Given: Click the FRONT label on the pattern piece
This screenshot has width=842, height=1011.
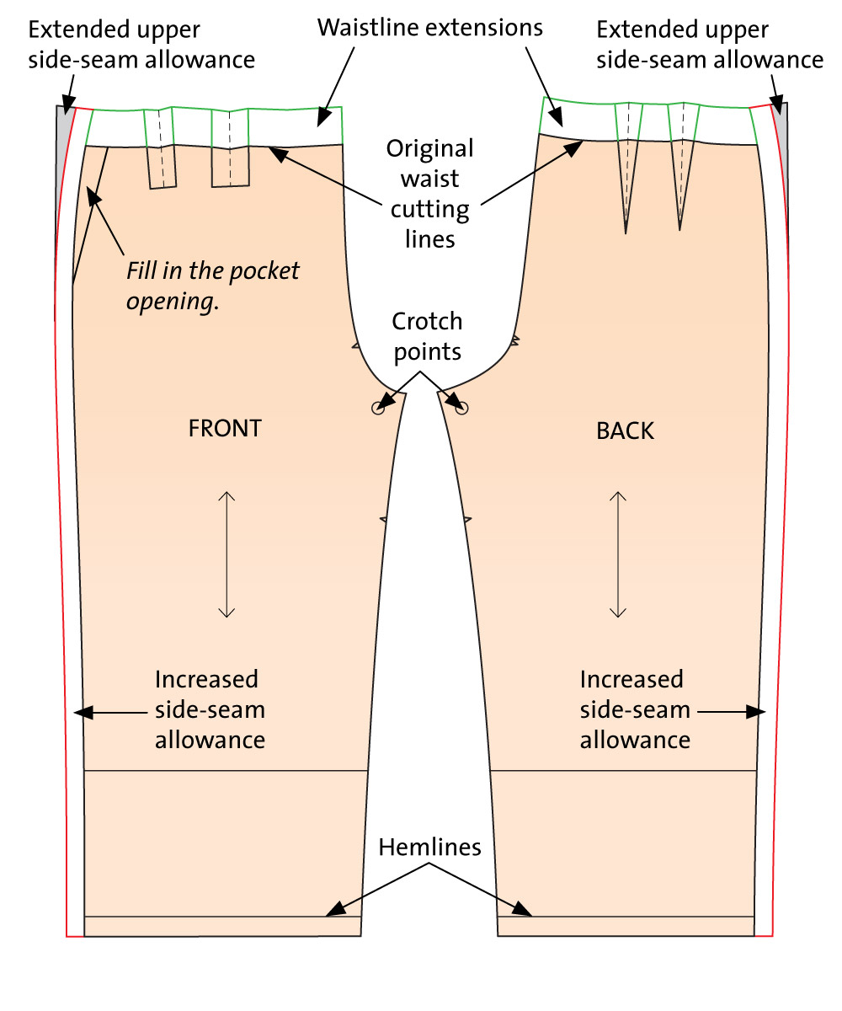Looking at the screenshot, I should coord(225,428).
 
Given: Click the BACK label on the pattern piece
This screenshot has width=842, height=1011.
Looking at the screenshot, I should coord(625,431).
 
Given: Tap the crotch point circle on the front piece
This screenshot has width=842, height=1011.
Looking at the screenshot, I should coord(377,408).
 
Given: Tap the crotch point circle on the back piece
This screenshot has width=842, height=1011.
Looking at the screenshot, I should coord(461,408).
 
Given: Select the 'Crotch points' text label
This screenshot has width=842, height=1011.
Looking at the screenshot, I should coord(427,335).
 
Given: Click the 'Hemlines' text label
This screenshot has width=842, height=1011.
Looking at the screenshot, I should coord(429,847).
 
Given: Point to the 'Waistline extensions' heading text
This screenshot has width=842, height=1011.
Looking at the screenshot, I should coord(429,27).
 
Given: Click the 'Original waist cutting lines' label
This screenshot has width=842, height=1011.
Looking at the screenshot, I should coord(429,194).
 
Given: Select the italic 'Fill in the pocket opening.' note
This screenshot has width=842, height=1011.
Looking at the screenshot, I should coord(212,286).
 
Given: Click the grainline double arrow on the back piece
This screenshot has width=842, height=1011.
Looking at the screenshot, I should coord(619,554).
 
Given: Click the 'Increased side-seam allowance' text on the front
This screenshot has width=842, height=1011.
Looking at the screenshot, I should coord(210,709).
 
